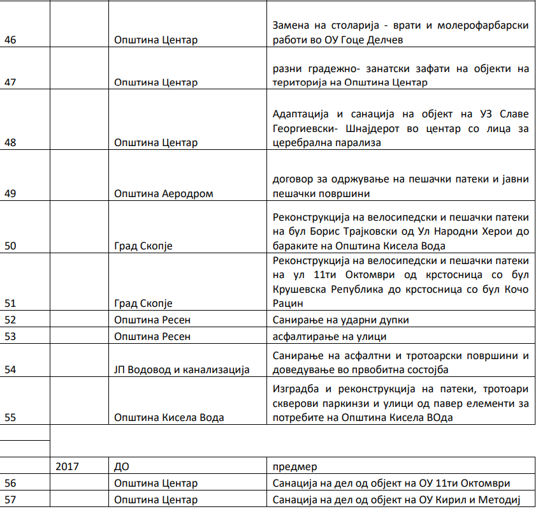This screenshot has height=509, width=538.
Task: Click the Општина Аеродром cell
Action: pyautogui.click(x=163, y=193)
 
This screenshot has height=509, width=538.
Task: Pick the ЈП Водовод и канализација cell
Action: pyautogui.click(x=182, y=369)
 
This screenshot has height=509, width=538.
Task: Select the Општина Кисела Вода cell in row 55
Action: pyautogui.click(x=169, y=418)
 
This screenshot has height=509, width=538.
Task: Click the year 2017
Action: pyautogui.click(x=67, y=466)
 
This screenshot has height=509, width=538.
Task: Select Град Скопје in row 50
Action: pyautogui.click(x=143, y=246)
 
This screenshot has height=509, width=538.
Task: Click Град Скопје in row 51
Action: pyautogui.click(x=143, y=303)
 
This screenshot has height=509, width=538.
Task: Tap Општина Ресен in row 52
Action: pyautogui.click(x=152, y=320)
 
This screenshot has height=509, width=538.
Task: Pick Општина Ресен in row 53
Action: pyautogui.click(x=152, y=336)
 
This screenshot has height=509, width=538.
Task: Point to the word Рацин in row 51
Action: pyautogui.click(x=287, y=304)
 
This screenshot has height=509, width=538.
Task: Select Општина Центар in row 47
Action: pyautogui.click(x=156, y=82)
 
